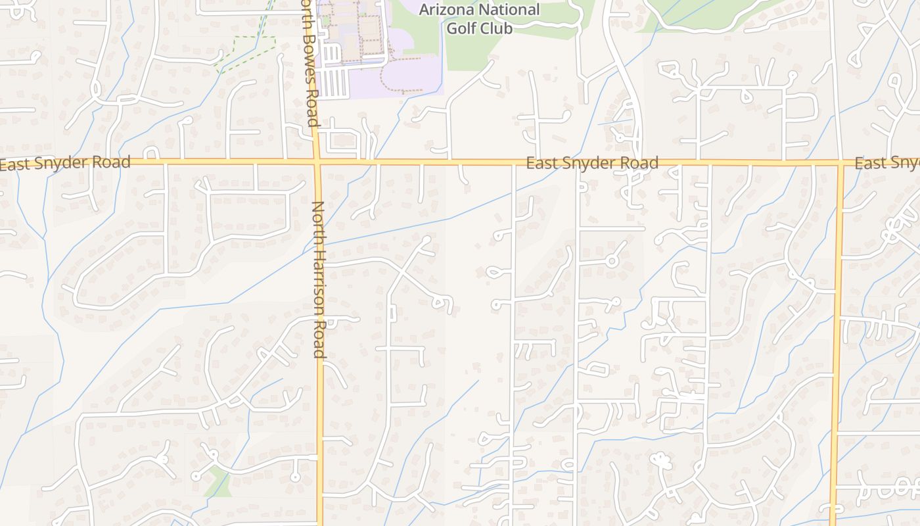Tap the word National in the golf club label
[x=509, y=10]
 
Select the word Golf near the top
[x=462, y=28]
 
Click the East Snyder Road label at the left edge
[x=66, y=162]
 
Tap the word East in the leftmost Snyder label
[x=14, y=164]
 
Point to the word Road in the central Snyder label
[x=640, y=163]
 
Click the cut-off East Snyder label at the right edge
[x=887, y=163]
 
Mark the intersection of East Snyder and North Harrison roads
[x=317, y=160]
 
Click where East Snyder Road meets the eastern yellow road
[x=840, y=162]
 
